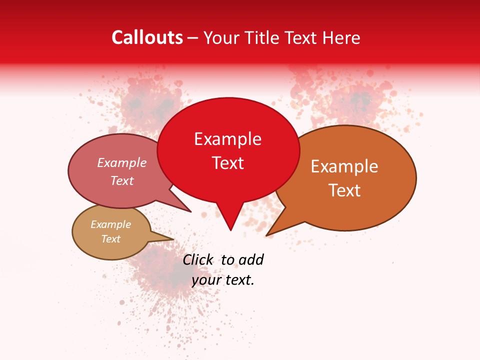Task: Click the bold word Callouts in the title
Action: pyautogui.click(x=147, y=37)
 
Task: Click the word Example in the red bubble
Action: pyautogui.click(x=227, y=139)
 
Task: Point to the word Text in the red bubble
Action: pyautogui.click(x=228, y=163)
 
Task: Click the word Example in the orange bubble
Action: pyautogui.click(x=344, y=166)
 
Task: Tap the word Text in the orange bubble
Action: pyautogui.click(x=345, y=190)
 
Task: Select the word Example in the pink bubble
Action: pyautogui.click(x=121, y=163)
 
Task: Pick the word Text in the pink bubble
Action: pyautogui.click(x=122, y=180)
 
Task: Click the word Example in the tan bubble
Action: pyautogui.click(x=110, y=224)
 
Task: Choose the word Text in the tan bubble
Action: pyautogui.click(x=110, y=239)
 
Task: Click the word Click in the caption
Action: pyautogui.click(x=197, y=259)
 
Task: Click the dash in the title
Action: pyautogui.click(x=193, y=38)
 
